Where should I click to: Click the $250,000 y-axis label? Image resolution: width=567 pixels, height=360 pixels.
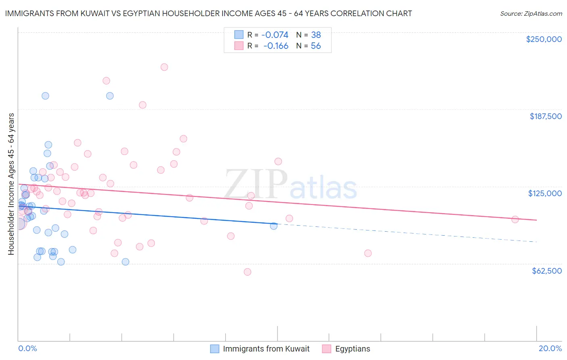pyautogui.click(x=544, y=39)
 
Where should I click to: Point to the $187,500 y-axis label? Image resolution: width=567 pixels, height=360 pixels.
pyautogui.click(x=545, y=116)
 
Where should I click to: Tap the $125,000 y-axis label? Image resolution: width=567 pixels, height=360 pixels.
pyautogui.click(x=545, y=193)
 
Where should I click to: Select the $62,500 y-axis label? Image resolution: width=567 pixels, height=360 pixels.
pyautogui.click(x=546, y=271)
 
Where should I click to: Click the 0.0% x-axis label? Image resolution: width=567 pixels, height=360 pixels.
pyautogui.click(x=27, y=348)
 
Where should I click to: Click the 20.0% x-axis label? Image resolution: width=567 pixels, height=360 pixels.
pyautogui.click(x=550, y=348)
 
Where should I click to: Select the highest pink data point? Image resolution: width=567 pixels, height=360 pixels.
pyautogui.click(x=164, y=67)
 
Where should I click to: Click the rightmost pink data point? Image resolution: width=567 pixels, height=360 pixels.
pyautogui.click(x=515, y=220)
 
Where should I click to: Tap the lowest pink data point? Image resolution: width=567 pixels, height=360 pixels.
pyautogui.click(x=248, y=272)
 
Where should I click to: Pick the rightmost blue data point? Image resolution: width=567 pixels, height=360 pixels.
pyautogui.click(x=274, y=226)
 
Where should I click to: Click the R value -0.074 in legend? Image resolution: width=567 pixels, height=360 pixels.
pyautogui.click(x=275, y=35)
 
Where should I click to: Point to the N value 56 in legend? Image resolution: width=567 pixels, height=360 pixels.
pyautogui.click(x=316, y=46)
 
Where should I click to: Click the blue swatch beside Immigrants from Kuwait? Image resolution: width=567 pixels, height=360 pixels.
pyautogui.click(x=215, y=349)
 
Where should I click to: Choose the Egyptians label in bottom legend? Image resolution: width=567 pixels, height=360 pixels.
pyautogui.click(x=352, y=349)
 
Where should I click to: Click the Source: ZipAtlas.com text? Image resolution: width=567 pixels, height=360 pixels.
pyautogui.click(x=531, y=13)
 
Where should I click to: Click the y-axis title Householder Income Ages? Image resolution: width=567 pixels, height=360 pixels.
pyautogui.click(x=11, y=184)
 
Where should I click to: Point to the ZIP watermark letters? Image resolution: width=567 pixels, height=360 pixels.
pyautogui.click(x=256, y=184)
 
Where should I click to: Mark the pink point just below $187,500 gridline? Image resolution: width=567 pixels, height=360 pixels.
pyautogui.click(x=142, y=105)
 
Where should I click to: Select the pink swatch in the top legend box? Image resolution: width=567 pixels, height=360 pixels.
pyautogui.click(x=239, y=46)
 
